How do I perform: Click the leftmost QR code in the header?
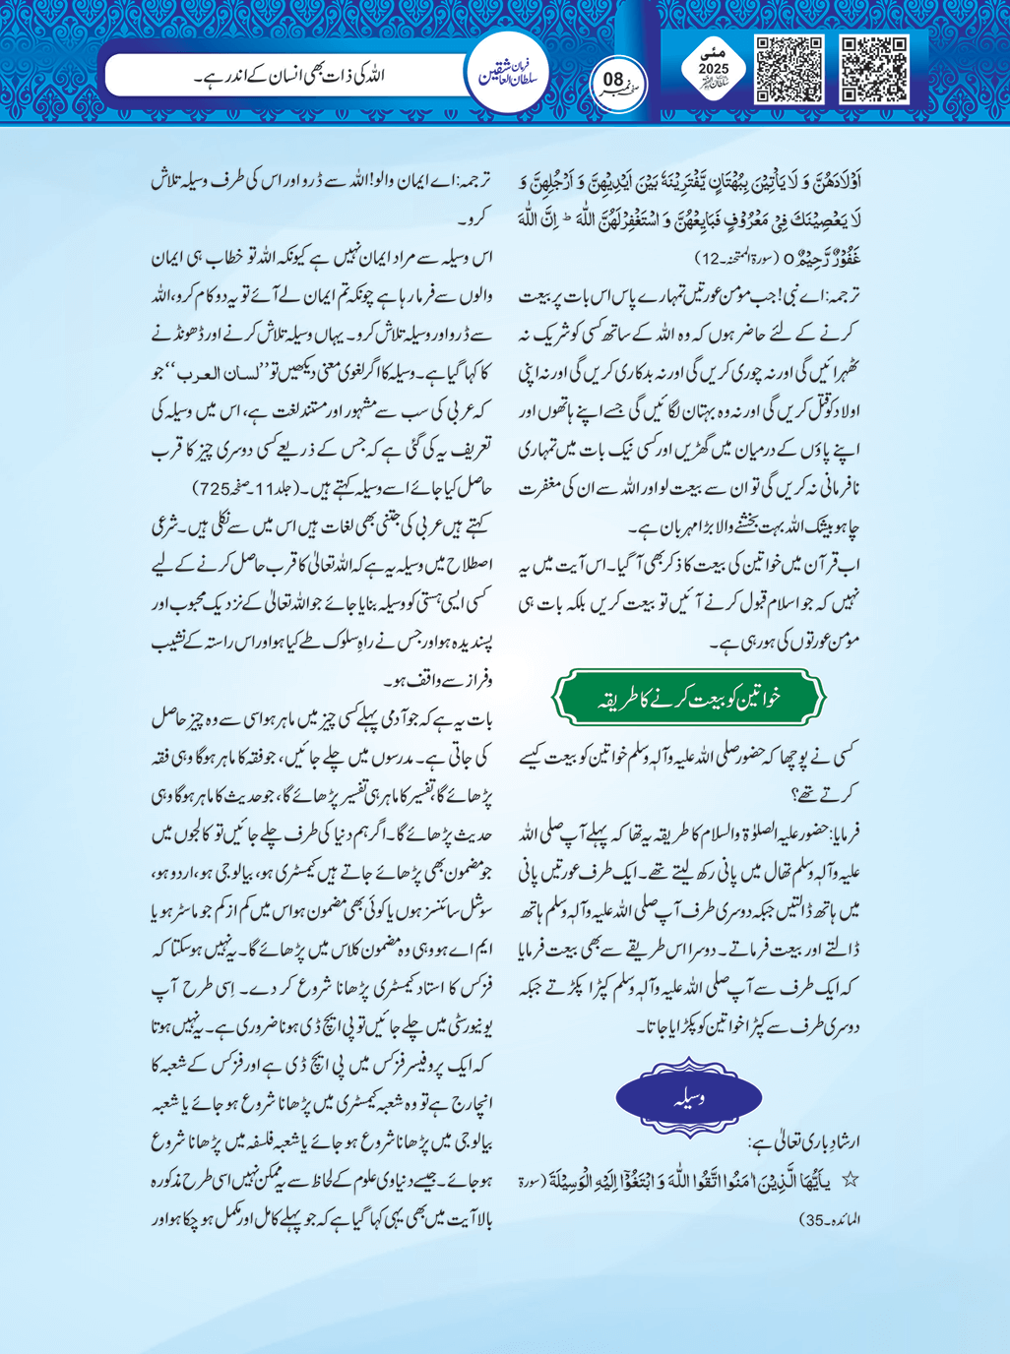coord(789,69)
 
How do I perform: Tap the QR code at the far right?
coord(874,69)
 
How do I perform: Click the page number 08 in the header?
coord(613,80)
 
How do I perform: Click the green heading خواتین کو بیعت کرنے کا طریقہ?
coord(687,698)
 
